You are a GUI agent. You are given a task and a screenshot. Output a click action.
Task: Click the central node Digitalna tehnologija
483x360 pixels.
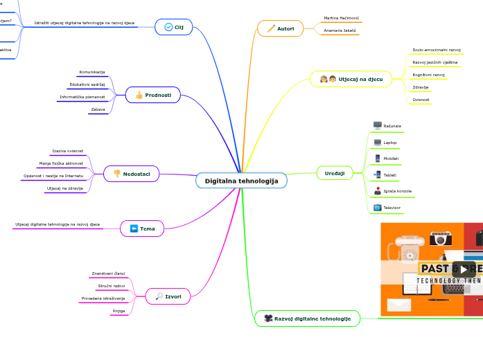pos(241,181)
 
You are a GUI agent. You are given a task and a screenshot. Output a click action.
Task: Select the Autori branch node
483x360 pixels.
pos(281,28)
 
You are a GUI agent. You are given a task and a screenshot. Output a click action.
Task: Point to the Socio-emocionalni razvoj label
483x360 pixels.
pos(436,50)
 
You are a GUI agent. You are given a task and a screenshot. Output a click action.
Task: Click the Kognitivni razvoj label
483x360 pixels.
pos(428,75)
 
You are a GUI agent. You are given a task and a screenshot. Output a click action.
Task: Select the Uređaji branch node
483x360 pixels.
pos(335,172)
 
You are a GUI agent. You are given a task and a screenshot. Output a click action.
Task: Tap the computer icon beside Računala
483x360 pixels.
pos(378,125)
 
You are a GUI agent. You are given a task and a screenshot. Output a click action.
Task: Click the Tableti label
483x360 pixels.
pos(390,175)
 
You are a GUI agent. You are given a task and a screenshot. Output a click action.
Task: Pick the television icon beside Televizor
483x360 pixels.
pos(378,207)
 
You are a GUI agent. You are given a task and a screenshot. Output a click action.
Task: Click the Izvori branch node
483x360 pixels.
pos(168,296)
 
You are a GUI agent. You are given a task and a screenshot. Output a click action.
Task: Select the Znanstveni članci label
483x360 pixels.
pos(109,273)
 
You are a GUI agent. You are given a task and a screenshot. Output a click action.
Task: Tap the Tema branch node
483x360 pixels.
pos(142,228)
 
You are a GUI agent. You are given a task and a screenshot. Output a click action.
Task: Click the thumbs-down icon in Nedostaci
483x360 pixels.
pos(117,173)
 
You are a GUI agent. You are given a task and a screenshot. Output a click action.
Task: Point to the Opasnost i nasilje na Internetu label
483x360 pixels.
pos(53,176)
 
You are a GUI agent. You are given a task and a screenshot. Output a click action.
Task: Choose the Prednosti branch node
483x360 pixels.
pos(153,95)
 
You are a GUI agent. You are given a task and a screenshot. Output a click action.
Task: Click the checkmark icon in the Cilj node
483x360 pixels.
pos(168,27)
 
